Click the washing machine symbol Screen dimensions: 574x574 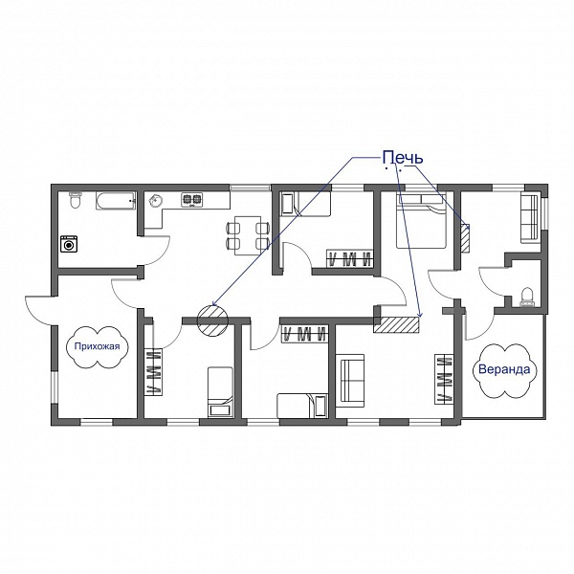click(69, 243)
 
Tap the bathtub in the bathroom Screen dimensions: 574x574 click(116, 201)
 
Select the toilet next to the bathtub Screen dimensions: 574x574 click(75, 200)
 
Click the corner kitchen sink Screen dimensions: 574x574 click(156, 200)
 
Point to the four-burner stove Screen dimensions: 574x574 click(192, 200)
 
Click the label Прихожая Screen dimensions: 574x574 click(97, 346)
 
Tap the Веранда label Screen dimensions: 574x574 click(504, 369)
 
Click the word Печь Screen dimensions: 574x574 click(403, 158)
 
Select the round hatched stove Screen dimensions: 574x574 click(212, 320)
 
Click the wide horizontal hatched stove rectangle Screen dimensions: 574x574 click(396, 324)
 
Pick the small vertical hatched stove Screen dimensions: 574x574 click(465, 238)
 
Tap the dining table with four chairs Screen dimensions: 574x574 click(248, 235)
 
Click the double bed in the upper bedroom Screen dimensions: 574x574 click(421, 221)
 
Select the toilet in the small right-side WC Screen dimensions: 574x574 click(527, 297)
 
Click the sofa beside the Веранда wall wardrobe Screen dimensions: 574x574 click(350, 381)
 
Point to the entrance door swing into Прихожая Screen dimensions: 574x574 click(38, 311)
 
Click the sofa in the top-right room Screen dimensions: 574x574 click(530, 218)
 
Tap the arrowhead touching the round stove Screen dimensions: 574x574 click(214, 303)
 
